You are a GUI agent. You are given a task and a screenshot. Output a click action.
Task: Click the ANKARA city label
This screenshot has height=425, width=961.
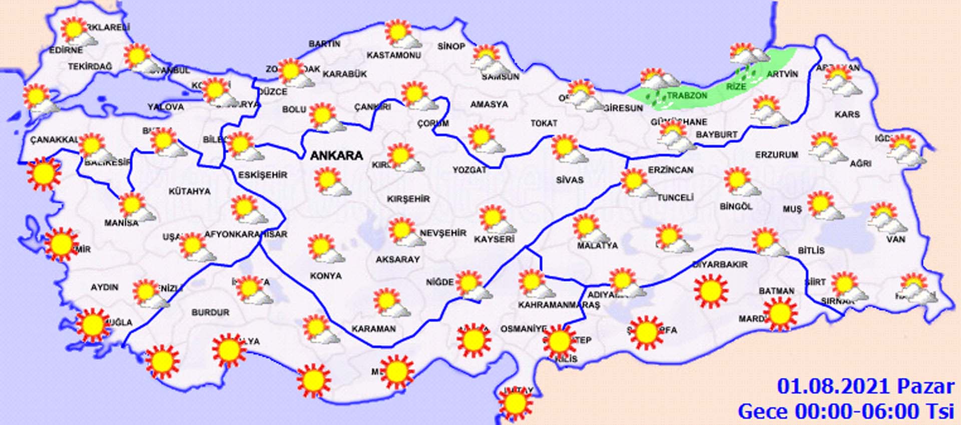point(336,156)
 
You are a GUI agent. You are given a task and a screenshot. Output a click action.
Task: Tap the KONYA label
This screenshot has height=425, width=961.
point(326,276)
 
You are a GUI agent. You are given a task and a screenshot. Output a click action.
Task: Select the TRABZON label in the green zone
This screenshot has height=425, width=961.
point(687,96)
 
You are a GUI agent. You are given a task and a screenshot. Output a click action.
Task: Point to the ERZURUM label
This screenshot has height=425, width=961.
point(776,155)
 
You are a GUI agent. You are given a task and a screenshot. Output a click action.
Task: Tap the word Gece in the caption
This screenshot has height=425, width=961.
point(763,411)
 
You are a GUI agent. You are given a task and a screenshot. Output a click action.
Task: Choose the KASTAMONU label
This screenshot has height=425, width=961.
point(394,55)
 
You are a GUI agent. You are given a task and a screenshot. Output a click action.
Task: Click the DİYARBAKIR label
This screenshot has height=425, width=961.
point(720,264)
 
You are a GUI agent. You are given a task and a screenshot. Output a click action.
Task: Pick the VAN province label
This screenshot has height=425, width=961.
point(895,239)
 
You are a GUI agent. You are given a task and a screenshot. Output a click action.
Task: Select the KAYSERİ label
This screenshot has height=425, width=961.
point(494,239)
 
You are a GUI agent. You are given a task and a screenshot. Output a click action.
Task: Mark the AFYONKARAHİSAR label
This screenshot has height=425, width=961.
point(245,234)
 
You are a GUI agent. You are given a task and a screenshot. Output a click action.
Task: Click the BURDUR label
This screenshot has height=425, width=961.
point(210,312)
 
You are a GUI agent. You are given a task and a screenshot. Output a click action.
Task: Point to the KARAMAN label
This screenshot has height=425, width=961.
point(373,329)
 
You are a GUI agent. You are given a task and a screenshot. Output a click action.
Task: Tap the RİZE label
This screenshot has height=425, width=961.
point(736,87)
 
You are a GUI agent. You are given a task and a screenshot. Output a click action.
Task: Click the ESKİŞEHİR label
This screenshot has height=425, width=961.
point(263,175)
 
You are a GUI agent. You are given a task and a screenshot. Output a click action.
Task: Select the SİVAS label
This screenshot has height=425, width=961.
point(570,180)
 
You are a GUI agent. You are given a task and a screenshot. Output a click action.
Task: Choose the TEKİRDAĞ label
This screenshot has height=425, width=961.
point(90,67)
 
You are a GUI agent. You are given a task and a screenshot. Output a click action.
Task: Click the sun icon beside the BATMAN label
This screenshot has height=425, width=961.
point(779,313)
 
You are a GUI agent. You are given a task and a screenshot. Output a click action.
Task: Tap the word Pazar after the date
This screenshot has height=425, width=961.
point(925,387)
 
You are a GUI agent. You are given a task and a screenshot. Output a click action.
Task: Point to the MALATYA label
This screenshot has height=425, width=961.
point(598,246)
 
